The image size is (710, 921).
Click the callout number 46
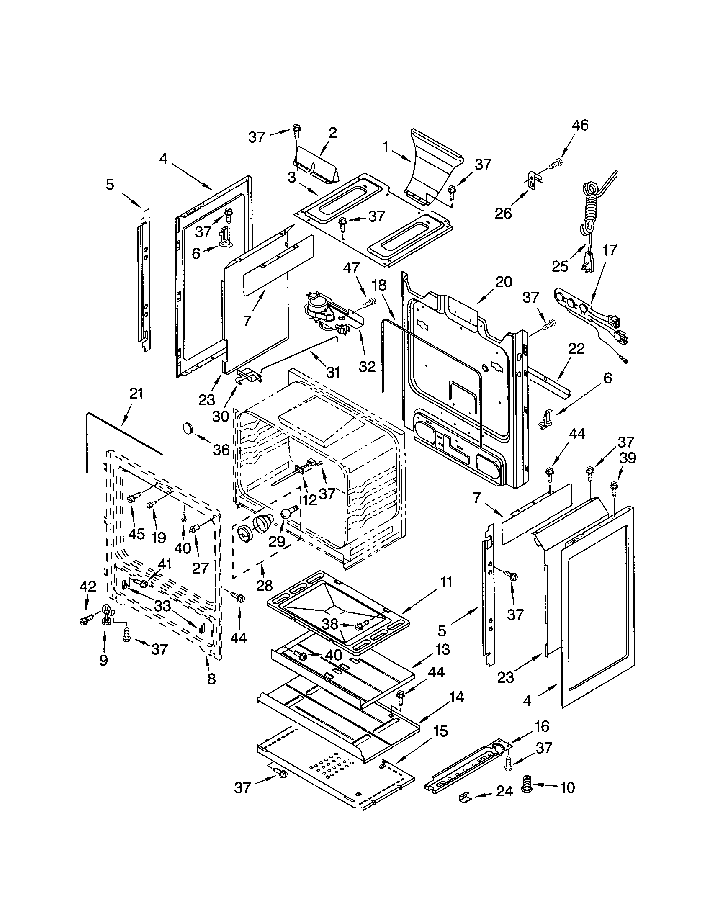click(580, 125)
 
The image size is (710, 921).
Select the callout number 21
click(136, 394)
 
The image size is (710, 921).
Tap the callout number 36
click(221, 450)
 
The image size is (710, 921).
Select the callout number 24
click(504, 791)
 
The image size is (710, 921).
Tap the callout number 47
click(351, 268)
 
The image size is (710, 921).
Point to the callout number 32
click(367, 366)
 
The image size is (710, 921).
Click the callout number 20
click(504, 281)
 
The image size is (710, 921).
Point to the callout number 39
click(627, 458)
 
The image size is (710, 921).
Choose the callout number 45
click(136, 533)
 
